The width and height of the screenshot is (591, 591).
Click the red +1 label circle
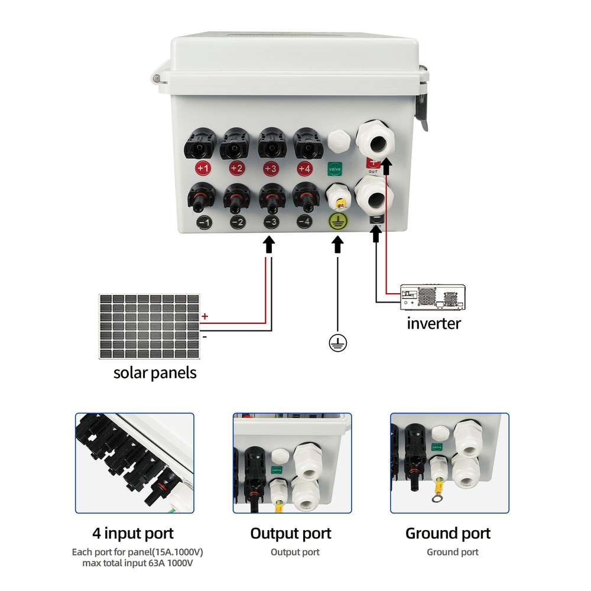click(203, 169)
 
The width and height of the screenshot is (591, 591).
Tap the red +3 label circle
click(271, 169)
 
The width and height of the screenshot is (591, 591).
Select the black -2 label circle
click(237, 222)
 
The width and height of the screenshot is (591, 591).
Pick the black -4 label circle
click(304, 222)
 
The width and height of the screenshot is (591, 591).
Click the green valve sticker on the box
click(335, 168)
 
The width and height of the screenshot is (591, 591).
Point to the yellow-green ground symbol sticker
click(338, 222)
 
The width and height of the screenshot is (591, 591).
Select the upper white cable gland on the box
click(375, 140)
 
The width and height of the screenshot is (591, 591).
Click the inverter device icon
click(432, 297)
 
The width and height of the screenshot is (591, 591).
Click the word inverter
click(434, 323)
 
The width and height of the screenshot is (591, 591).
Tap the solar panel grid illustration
click(150, 326)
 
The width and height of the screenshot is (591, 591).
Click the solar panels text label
click(155, 374)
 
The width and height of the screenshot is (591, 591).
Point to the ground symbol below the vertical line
click(338, 343)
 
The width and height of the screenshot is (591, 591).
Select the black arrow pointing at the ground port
click(338, 243)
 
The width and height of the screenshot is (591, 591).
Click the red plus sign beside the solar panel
click(205, 317)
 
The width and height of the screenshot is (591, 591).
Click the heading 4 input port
click(133, 533)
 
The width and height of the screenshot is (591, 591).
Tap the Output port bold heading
click(291, 533)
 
